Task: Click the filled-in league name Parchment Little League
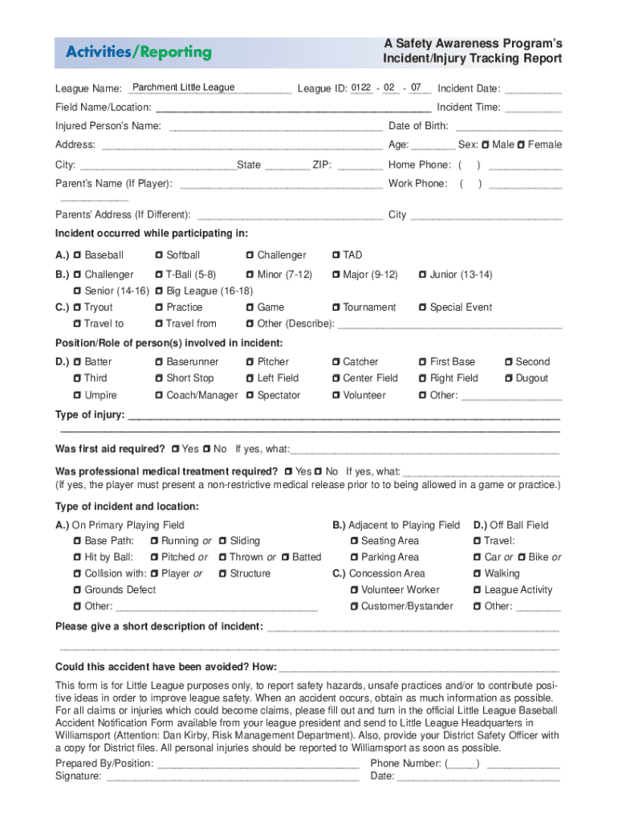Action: point(183,87)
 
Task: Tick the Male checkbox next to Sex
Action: point(486,144)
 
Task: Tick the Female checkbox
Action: point(522,144)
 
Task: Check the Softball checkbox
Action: point(159,255)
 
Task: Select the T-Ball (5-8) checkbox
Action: point(159,275)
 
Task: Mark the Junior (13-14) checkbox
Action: point(423,275)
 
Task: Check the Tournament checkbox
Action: point(336,307)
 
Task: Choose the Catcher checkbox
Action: point(336,362)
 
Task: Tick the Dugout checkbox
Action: point(509,378)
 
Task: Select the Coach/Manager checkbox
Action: point(159,395)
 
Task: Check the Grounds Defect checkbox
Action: point(77,590)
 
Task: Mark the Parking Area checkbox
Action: point(354,557)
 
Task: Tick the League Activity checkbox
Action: point(478,590)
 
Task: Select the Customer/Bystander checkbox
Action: point(354,606)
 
